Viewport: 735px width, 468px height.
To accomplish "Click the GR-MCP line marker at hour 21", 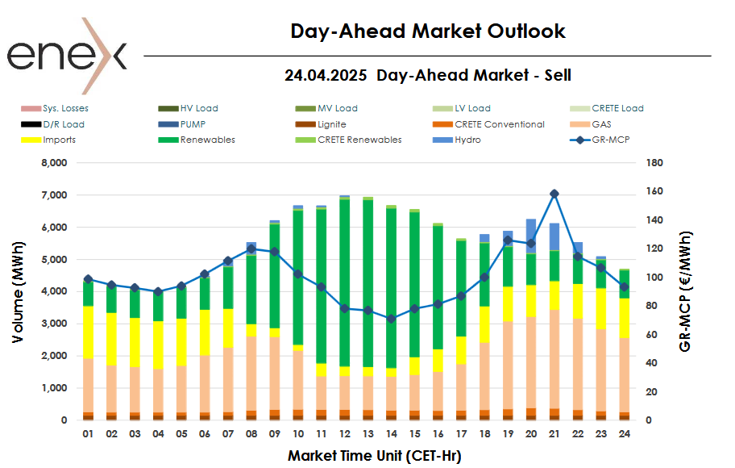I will pos(554,194).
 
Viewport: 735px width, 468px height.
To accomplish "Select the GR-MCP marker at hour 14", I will pos(391,319).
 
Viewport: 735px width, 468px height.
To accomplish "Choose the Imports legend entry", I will pos(60,140).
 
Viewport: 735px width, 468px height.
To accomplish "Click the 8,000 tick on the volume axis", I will pos(51,163).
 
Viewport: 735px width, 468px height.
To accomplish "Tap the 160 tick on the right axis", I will pos(654,191).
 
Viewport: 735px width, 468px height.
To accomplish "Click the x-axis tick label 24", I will pos(624,433).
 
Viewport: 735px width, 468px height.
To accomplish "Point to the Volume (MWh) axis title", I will pos(17,290).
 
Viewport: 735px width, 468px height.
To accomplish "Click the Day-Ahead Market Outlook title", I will pos(428,31).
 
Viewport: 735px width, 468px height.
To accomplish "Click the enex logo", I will pos(67,56).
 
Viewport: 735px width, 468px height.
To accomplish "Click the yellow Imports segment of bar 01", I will pos(88,332).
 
